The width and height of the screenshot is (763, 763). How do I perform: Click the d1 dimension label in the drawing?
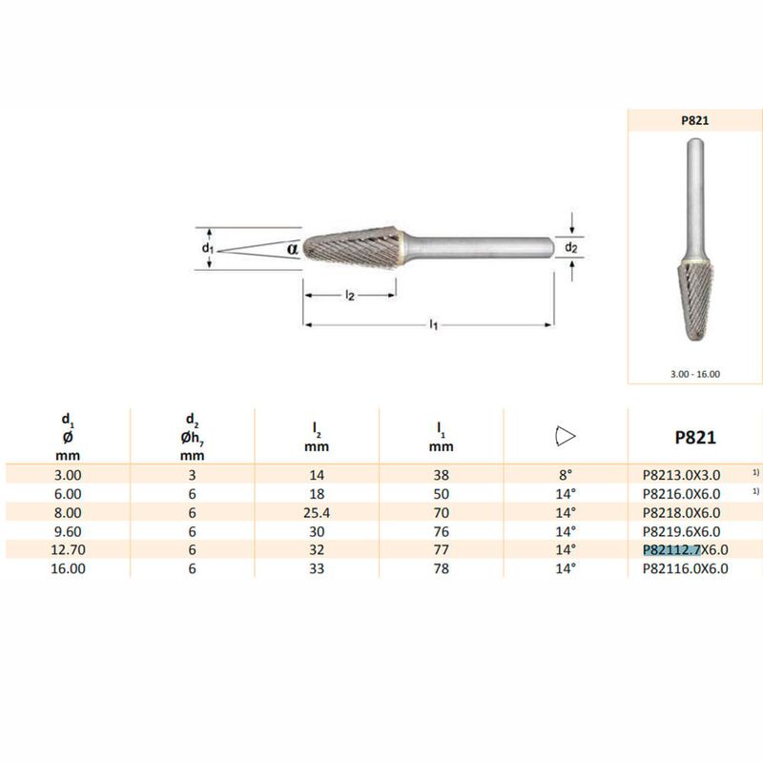208,248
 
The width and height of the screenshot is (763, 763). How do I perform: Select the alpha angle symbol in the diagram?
292,249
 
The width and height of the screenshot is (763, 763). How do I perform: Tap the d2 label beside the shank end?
570,247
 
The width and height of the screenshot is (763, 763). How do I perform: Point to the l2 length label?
350,295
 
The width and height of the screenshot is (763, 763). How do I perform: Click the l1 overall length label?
434,324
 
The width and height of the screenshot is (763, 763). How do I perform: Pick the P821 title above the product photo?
695,121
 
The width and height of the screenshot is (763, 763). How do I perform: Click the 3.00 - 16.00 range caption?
695,374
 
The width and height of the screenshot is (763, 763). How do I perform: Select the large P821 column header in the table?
695,437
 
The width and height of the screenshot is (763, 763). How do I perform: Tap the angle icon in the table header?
565,436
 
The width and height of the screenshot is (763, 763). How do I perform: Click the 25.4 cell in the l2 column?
317,512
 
